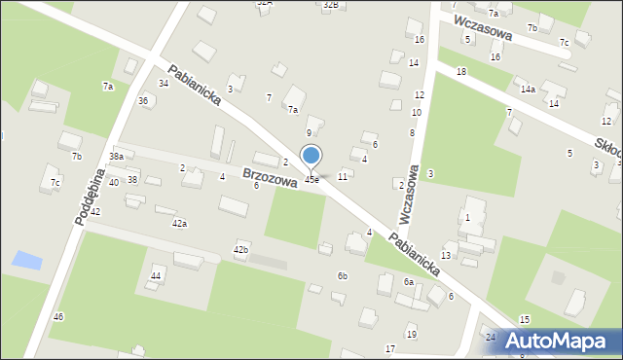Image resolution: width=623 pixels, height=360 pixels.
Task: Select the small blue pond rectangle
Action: (27, 261)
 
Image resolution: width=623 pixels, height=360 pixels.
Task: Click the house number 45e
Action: (311, 179)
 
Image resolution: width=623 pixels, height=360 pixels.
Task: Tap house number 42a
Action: (179, 224)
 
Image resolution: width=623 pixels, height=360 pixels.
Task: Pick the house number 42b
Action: (240, 251)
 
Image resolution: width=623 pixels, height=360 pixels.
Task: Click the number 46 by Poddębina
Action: (58, 317)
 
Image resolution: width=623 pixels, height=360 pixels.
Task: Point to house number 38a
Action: (116, 157)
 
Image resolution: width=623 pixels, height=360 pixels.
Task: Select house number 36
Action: (143, 101)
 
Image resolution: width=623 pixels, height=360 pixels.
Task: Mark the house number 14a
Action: (527, 90)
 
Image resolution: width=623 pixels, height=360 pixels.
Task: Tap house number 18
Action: (460, 73)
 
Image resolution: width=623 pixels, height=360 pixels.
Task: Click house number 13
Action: (446, 255)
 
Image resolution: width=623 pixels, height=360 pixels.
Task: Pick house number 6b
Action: (342, 276)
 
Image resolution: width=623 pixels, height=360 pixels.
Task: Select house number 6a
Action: (409, 282)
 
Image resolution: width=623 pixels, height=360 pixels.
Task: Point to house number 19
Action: (411, 335)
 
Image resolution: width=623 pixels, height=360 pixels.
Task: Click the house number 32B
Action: (331, 5)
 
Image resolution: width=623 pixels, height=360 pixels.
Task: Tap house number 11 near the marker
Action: (342, 177)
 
